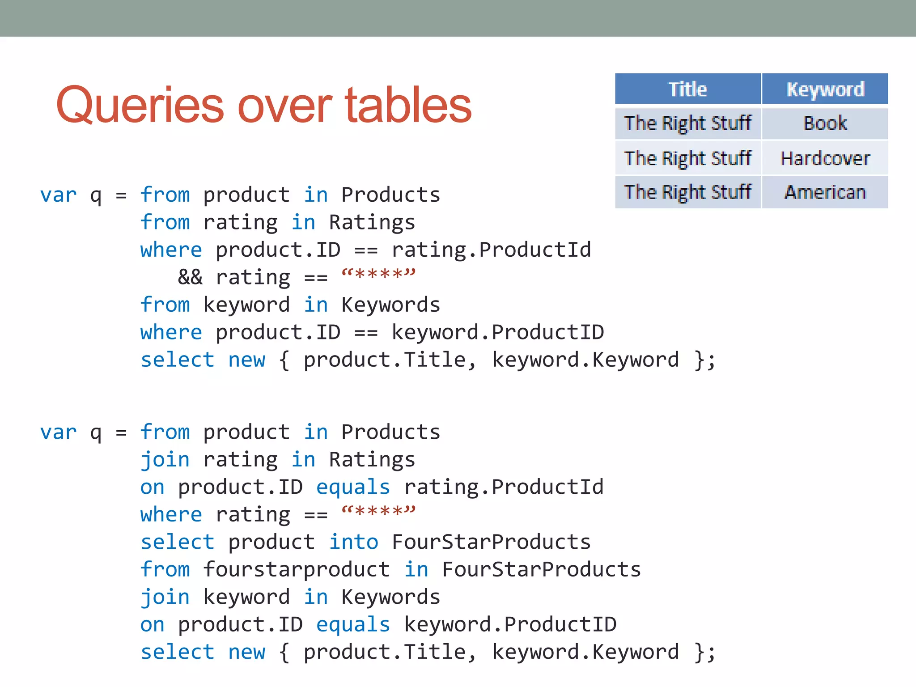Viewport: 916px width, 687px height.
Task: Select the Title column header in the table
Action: pos(687,89)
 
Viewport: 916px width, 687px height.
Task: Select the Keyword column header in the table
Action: pos(825,89)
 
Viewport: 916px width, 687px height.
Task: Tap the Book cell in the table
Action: pos(825,123)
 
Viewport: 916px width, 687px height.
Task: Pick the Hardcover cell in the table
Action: pos(825,158)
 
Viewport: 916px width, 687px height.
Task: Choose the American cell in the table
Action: pos(825,192)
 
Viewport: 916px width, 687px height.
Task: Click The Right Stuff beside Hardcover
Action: pos(687,158)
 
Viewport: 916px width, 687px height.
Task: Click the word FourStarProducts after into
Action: pos(491,542)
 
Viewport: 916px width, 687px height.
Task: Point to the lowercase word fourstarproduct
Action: pos(297,569)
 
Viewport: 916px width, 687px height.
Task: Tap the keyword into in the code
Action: pos(354,542)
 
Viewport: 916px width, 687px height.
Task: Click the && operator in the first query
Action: pos(190,277)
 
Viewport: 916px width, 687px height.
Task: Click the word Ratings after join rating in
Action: pos(372,460)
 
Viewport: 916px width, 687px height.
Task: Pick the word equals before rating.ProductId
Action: pos(353,487)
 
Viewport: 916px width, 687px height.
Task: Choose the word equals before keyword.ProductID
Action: pos(353,624)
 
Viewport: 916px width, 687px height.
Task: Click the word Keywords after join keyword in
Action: pos(390,597)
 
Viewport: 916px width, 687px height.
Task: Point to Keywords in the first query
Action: pos(390,305)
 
